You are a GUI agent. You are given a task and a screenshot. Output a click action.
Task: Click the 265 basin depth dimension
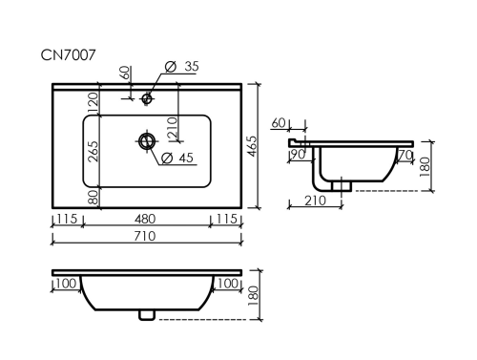(x=93, y=153)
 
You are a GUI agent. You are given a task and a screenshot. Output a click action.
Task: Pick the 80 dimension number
(x=93, y=199)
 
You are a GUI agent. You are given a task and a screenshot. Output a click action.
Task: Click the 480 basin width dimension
(x=146, y=220)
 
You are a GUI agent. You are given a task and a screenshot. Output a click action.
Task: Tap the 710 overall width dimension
(x=146, y=235)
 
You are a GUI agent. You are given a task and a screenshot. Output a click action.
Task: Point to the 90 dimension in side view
(x=298, y=155)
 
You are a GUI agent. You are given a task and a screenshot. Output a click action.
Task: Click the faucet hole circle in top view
(x=147, y=97)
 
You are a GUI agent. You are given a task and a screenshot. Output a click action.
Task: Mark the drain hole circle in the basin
(x=147, y=140)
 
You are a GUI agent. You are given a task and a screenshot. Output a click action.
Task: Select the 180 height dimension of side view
(x=426, y=166)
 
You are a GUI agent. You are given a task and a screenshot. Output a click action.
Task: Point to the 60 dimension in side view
(x=279, y=123)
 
